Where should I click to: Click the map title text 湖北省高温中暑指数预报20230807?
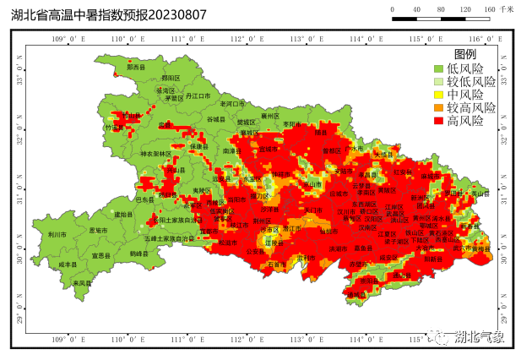109,14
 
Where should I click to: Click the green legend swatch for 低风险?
438,68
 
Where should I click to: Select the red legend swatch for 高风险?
438,121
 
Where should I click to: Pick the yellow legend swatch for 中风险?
438,95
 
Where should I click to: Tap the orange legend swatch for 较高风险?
438,108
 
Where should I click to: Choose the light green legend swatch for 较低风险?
438,82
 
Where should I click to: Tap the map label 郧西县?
136,66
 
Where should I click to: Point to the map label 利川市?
57,234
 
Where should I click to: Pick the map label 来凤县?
81,283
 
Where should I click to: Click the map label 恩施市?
98,230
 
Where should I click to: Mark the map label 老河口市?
232,103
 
